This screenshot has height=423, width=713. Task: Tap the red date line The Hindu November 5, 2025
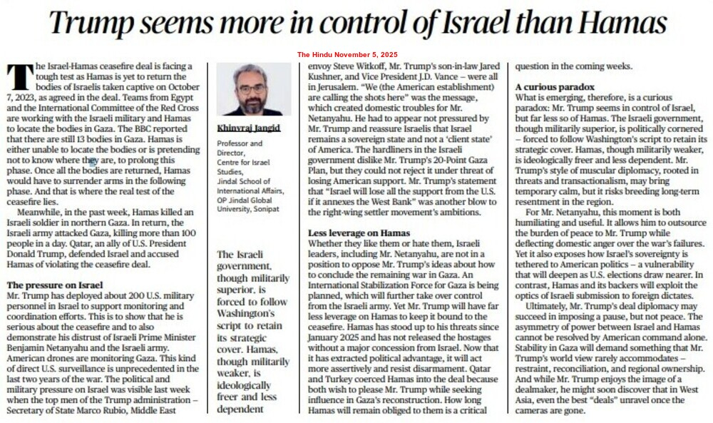[x=347, y=55]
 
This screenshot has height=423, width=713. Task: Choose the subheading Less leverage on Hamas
[x=359, y=233]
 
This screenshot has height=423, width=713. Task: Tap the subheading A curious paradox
[x=554, y=86]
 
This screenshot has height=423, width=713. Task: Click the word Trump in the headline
[x=89, y=24]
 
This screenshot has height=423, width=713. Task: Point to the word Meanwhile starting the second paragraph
[x=41, y=213]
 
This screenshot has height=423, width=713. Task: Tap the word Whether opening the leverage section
[x=327, y=243]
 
